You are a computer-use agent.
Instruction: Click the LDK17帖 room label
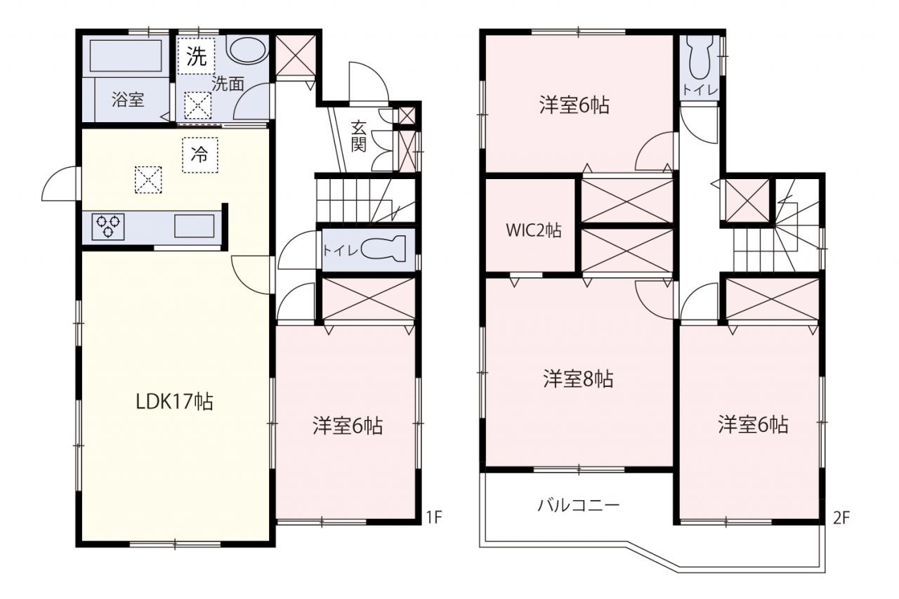[x=175, y=401]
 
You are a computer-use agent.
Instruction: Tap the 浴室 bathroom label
[x=128, y=99]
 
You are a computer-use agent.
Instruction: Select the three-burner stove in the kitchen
[x=108, y=227]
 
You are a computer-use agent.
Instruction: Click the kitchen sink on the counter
[x=195, y=226]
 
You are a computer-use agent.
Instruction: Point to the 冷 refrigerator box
[x=200, y=155]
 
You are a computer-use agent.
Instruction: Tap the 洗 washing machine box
[x=196, y=56]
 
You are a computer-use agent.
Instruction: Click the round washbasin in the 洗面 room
[x=247, y=50]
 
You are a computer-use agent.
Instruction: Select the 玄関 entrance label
[x=359, y=136]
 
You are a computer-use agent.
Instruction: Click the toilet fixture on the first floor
[x=383, y=249]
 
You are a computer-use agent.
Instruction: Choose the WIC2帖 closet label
[x=533, y=230]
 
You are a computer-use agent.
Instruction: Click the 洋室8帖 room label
[x=578, y=379]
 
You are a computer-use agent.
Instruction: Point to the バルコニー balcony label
[x=579, y=505]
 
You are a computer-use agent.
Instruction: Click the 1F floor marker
[x=434, y=517]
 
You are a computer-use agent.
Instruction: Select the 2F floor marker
[x=841, y=518]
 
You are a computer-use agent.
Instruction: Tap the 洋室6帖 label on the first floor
[x=348, y=426]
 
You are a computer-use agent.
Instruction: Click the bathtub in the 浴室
[x=126, y=55]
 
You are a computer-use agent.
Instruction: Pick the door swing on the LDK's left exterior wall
[x=59, y=183]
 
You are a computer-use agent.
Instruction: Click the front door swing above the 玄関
[x=369, y=82]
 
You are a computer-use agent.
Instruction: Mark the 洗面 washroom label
[x=228, y=84]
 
